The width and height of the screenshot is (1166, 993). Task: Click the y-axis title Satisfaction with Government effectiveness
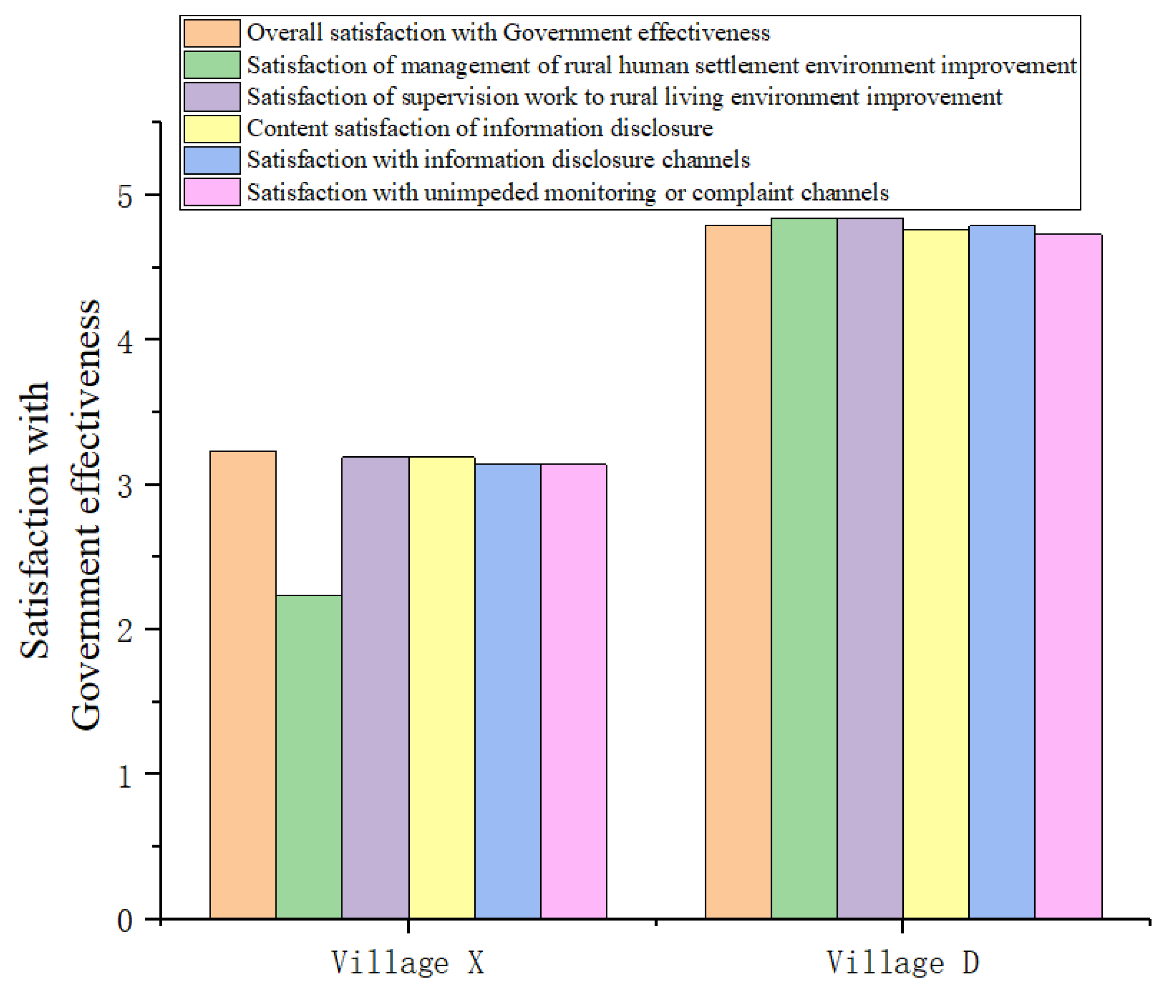click(59, 515)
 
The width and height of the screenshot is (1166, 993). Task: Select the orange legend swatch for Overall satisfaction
click(212, 33)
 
